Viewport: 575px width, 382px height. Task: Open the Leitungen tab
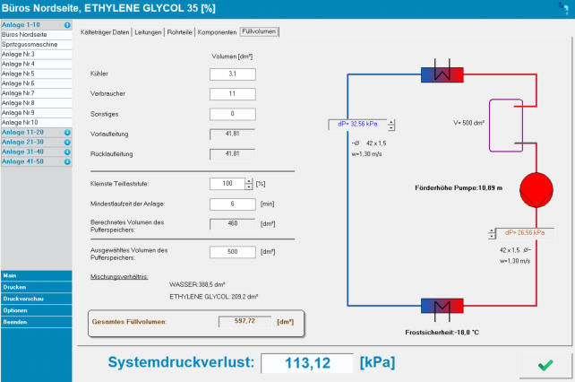[x=149, y=32]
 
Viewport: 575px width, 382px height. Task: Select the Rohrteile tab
[x=179, y=32]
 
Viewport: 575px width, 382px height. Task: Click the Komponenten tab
[x=217, y=32]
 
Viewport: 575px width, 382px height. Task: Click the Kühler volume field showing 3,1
[x=233, y=74]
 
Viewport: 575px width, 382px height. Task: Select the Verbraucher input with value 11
[x=233, y=93]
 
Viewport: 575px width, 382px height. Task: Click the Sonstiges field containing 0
[x=233, y=114]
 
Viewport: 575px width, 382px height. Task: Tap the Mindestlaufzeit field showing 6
[x=233, y=204]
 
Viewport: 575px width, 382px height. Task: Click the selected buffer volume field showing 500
[x=233, y=253]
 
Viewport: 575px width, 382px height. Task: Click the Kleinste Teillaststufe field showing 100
[x=227, y=184]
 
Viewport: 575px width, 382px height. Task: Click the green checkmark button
[x=545, y=365]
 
